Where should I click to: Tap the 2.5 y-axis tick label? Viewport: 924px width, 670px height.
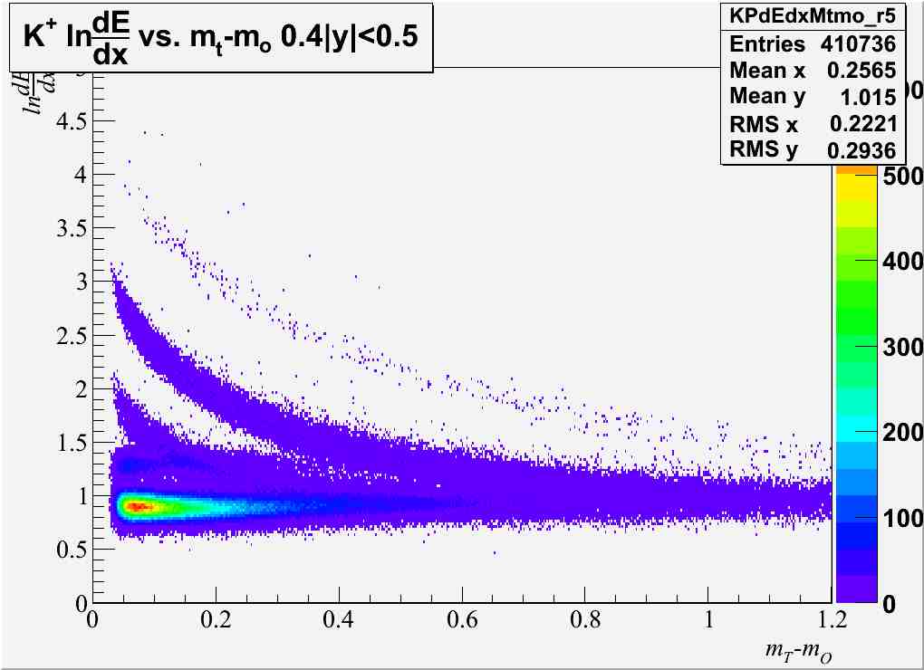pyautogui.click(x=71, y=335)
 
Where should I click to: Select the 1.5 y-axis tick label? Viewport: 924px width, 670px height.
pyautogui.click(x=71, y=442)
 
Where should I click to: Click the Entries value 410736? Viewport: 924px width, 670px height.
pyautogui.click(x=859, y=43)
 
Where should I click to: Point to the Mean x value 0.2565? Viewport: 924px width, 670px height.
pyautogui.click(x=861, y=70)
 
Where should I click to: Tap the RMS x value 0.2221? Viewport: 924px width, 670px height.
pyautogui.click(x=861, y=123)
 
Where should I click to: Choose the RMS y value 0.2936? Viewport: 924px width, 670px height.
pyautogui.click(x=861, y=149)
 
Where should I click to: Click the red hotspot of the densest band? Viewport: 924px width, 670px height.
pyautogui.click(x=136, y=507)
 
